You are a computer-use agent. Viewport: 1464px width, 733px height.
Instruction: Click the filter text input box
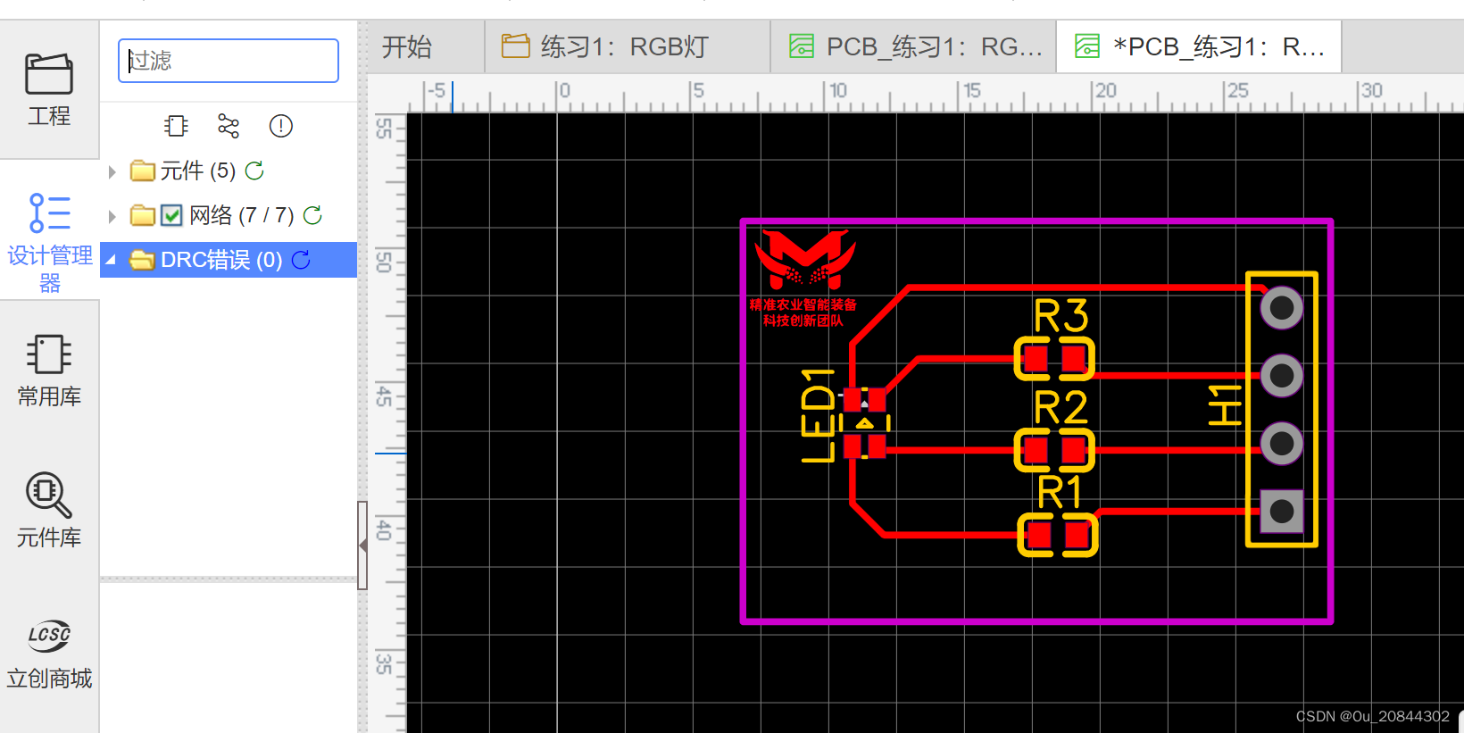point(229,61)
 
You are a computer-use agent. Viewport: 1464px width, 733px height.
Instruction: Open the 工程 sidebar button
point(49,89)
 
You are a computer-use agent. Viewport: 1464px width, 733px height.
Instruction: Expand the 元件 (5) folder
point(112,171)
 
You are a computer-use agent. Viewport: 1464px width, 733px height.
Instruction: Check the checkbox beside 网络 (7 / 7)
point(172,215)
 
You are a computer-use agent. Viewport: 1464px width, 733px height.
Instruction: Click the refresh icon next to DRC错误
point(301,260)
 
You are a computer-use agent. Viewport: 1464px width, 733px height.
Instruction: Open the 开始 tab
point(407,46)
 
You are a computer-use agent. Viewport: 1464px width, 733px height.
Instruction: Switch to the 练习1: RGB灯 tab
point(624,46)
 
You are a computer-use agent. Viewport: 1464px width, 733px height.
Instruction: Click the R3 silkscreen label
point(1061,316)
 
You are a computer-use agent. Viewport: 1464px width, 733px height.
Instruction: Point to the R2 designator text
point(1061,408)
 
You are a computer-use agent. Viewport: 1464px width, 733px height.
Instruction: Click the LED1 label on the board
point(818,415)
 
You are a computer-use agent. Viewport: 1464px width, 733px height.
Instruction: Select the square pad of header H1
point(1282,512)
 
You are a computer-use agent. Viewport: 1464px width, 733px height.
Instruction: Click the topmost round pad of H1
point(1282,308)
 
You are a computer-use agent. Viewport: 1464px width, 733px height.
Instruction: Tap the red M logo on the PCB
point(805,259)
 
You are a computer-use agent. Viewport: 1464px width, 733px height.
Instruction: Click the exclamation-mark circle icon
point(281,126)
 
